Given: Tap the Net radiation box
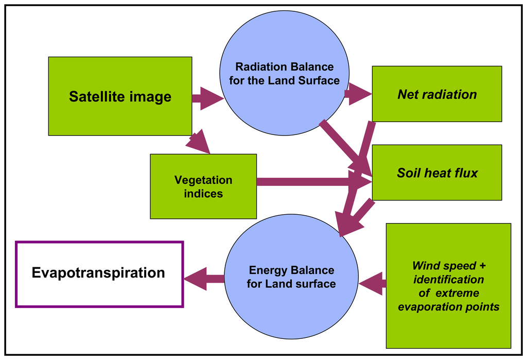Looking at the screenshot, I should pyautogui.click(x=436, y=94).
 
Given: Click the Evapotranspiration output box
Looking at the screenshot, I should pyautogui.click(x=99, y=274).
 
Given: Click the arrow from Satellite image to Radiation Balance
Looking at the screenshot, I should pyautogui.click(x=207, y=98).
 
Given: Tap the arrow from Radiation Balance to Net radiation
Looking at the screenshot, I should pyautogui.click(x=358, y=94).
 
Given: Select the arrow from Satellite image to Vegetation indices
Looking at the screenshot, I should pyautogui.click(x=198, y=143).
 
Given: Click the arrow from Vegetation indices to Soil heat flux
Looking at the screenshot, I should pyautogui.click(x=309, y=181).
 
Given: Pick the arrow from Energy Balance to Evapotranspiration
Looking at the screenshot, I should pyautogui.click(x=204, y=279).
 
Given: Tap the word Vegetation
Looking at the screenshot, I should pyautogui.click(x=203, y=180).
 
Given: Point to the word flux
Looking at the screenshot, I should pyautogui.click(x=465, y=173).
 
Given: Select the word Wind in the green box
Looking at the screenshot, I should pyautogui.click(x=425, y=266).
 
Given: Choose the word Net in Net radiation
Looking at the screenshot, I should pyautogui.click(x=407, y=94).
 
